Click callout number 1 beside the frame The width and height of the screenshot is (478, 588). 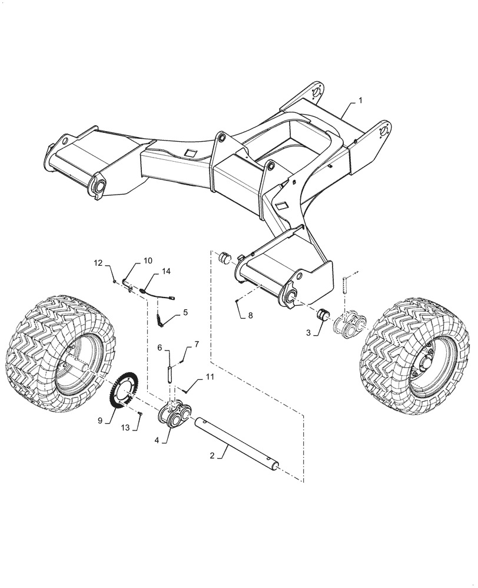361,101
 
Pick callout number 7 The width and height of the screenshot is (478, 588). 197,343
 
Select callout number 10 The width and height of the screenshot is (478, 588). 147,260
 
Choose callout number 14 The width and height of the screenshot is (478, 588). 166,271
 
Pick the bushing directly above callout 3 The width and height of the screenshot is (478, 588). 324,316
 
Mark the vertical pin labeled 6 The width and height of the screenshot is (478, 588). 170,374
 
